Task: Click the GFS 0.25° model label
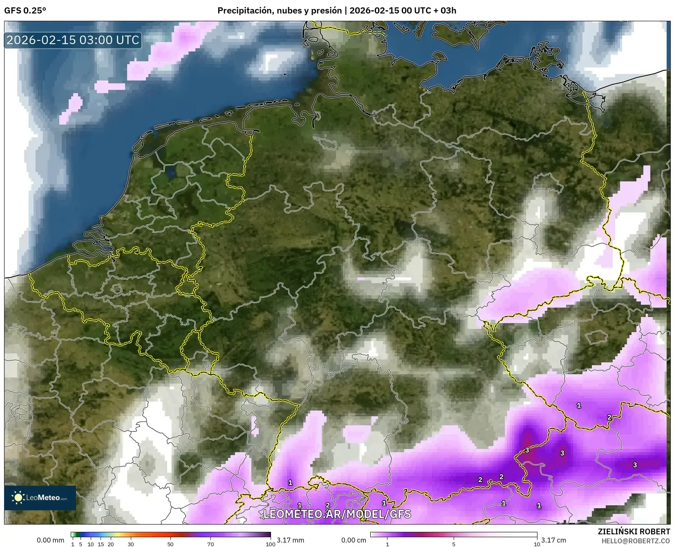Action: (x=25, y=11)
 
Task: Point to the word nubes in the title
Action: (x=290, y=11)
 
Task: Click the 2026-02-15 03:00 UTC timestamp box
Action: (x=73, y=40)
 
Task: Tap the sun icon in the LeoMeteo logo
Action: (x=18, y=497)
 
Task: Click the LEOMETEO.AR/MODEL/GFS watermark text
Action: (x=337, y=514)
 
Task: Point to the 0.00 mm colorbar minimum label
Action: (x=50, y=540)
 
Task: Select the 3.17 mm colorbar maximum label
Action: (x=290, y=540)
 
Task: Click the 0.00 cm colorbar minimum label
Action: (x=354, y=540)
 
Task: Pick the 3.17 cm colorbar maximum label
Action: (x=554, y=540)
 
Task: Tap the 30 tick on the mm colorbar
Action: (x=131, y=544)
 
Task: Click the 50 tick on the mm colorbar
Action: (x=170, y=544)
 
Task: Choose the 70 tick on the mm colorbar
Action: (x=210, y=544)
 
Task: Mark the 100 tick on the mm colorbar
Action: (x=270, y=544)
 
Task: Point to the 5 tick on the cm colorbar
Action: (x=454, y=544)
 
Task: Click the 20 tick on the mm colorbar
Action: (x=111, y=544)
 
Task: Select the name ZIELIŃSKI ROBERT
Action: (x=634, y=531)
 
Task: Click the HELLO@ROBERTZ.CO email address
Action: (x=636, y=541)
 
